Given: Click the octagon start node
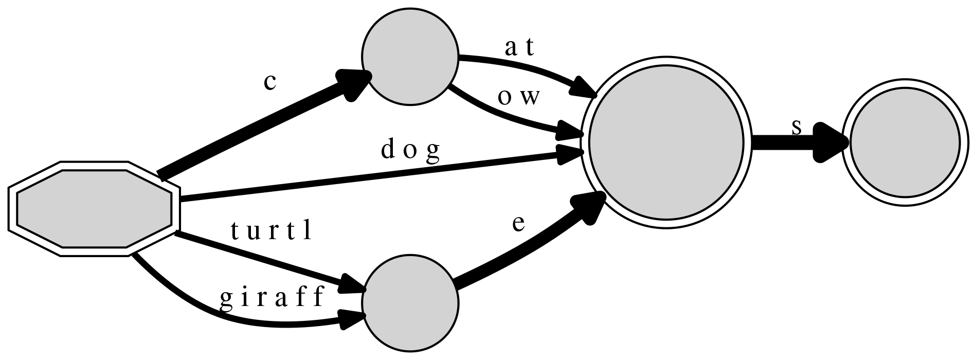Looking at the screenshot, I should click(x=94, y=209).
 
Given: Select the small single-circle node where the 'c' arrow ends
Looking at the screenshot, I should click(x=410, y=58).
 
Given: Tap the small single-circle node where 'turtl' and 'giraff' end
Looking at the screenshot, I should click(x=410, y=303).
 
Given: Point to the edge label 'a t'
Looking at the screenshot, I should click(x=520, y=48).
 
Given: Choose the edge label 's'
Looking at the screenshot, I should click(x=796, y=127).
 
